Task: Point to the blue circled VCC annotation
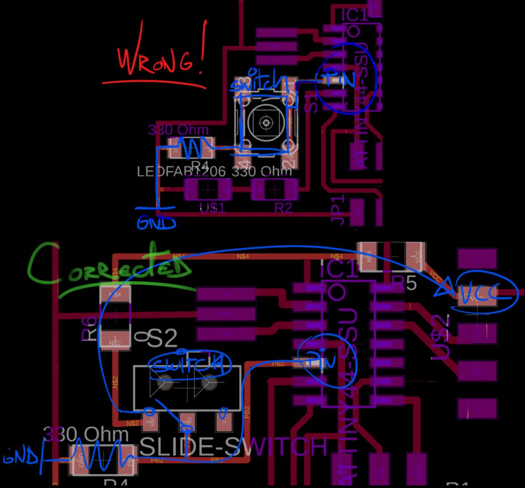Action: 481,297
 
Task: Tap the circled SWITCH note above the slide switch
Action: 188,364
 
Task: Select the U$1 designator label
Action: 212,207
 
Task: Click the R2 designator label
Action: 283,207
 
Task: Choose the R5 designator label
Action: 405,284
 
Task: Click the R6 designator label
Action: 89,328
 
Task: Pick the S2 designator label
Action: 163,338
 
